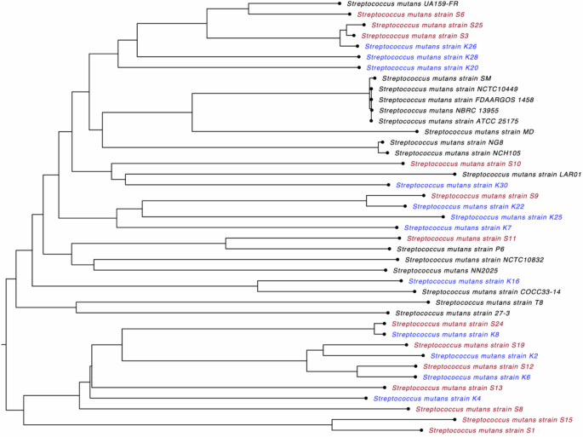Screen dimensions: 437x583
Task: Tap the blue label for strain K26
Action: (416, 47)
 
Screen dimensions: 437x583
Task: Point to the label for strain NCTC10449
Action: (438, 89)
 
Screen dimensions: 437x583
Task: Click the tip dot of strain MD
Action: (415, 132)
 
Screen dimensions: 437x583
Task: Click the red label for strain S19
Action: (468, 345)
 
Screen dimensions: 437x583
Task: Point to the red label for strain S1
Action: (482, 431)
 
